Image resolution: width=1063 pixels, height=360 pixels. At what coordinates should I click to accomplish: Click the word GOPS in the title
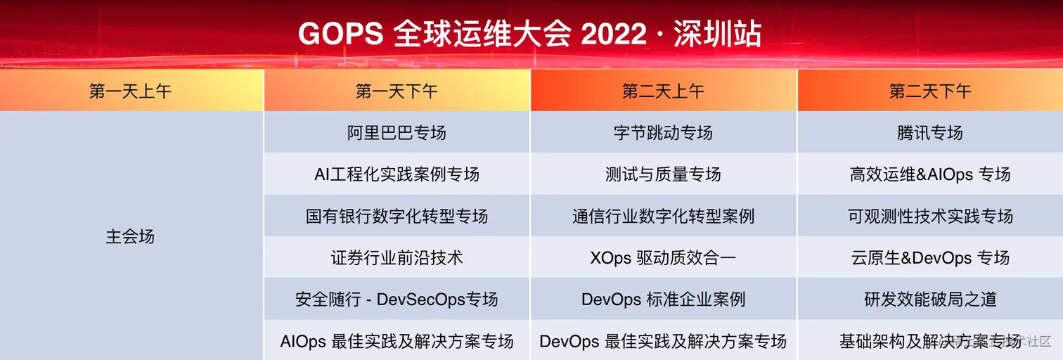[341, 34]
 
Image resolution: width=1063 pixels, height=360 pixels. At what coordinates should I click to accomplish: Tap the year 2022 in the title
[614, 34]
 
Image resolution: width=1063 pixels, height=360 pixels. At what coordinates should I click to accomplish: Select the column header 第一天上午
[130, 91]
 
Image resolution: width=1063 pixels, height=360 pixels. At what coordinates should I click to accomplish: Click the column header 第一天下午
[397, 91]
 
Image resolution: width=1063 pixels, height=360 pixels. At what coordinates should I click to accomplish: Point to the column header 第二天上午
[664, 91]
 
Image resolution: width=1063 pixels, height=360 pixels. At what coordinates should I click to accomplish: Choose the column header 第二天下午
[930, 91]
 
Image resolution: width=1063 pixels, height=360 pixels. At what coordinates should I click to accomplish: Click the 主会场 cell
[130, 236]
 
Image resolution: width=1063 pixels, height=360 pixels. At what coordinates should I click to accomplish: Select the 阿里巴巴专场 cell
[397, 133]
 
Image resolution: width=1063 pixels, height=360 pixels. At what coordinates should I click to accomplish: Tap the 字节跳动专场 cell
[664, 133]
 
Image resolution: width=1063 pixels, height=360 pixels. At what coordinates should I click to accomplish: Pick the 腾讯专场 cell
[930, 133]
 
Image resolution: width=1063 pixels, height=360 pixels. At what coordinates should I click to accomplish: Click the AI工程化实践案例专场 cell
[397, 174]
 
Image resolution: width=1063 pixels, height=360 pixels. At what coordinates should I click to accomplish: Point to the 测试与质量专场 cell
[664, 174]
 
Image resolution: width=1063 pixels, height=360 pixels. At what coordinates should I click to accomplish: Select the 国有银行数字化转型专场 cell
[397, 217]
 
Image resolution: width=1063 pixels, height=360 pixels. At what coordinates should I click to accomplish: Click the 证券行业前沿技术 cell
[397, 258]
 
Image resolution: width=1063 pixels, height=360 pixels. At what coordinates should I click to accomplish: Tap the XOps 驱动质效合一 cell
[664, 258]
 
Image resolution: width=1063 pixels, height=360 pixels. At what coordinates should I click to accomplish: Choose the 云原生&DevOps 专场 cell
[930, 258]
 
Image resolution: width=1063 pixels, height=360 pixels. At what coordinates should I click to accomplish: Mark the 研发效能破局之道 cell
[930, 300]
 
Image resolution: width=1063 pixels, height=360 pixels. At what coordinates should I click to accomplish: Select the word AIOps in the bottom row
[303, 342]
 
